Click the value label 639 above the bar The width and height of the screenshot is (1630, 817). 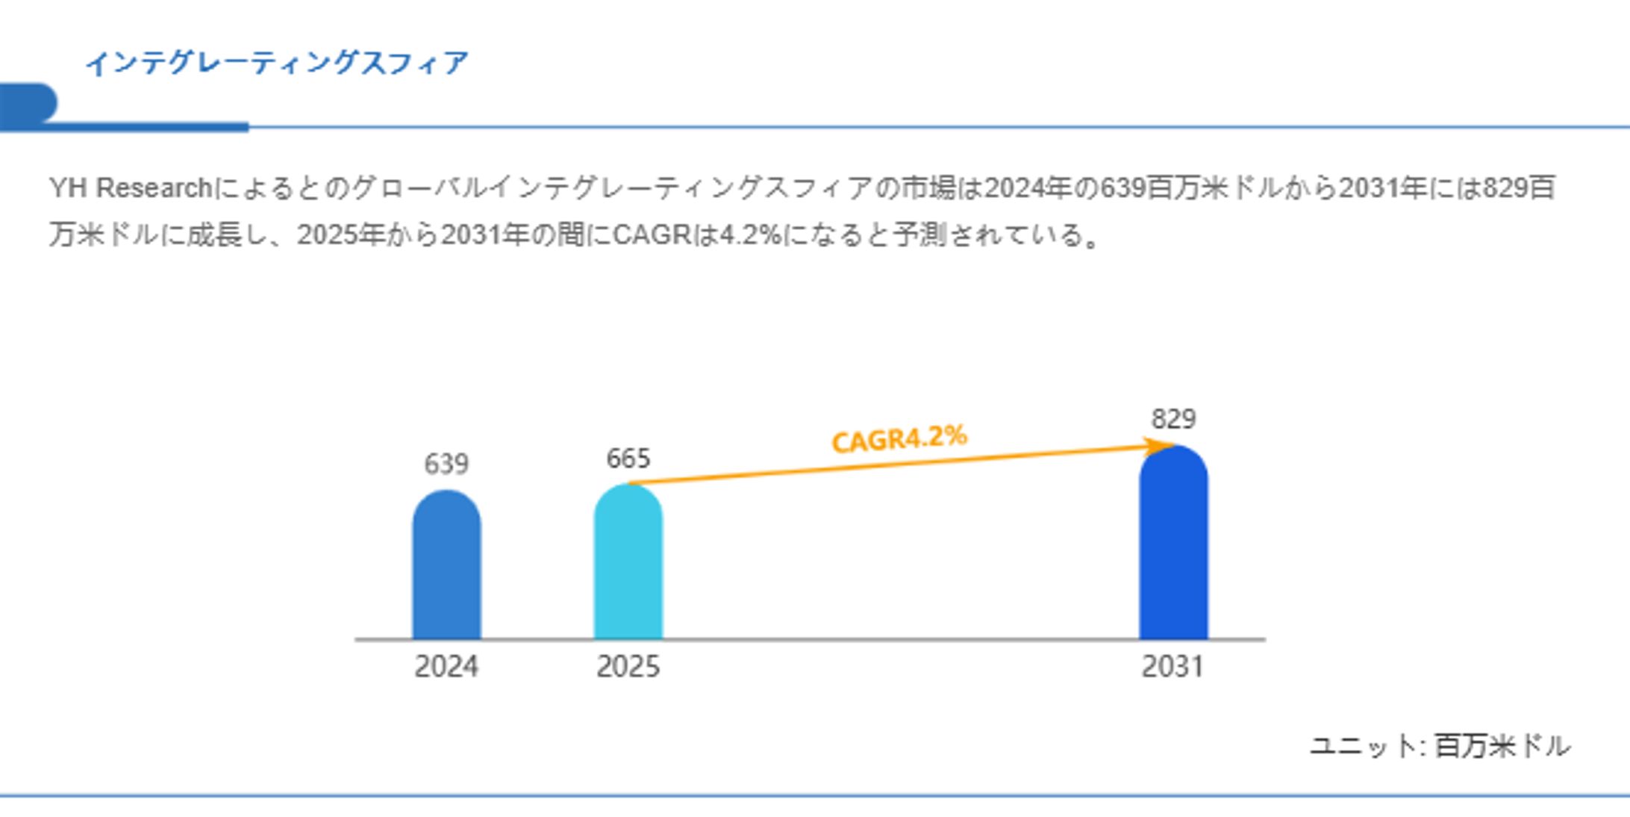(446, 465)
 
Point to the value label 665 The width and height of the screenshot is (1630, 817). (628, 459)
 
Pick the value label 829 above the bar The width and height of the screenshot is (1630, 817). (1173, 419)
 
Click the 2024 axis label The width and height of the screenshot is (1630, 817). (446, 666)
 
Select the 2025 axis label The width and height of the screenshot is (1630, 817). (628, 666)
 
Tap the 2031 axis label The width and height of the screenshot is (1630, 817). (1173, 666)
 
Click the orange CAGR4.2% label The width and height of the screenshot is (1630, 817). (899, 439)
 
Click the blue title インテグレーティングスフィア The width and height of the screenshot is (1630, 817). (277, 63)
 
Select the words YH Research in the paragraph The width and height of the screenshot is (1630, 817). (131, 188)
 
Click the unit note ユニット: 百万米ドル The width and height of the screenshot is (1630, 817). (1440, 746)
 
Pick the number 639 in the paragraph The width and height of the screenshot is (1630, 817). (1122, 188)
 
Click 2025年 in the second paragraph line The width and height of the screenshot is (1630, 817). (340, 235)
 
